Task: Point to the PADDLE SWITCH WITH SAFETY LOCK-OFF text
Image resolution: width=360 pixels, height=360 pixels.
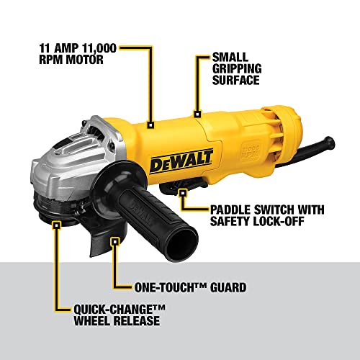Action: [x=266, y=217]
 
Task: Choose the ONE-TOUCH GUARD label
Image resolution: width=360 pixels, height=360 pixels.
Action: [x=190, y=287]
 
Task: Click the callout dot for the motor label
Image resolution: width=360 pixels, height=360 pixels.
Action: [x=151, y=124]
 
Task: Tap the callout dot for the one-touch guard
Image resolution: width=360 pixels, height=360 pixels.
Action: [x=113, y=243]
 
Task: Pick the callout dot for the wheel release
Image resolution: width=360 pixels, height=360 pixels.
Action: [x=56, y=224]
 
